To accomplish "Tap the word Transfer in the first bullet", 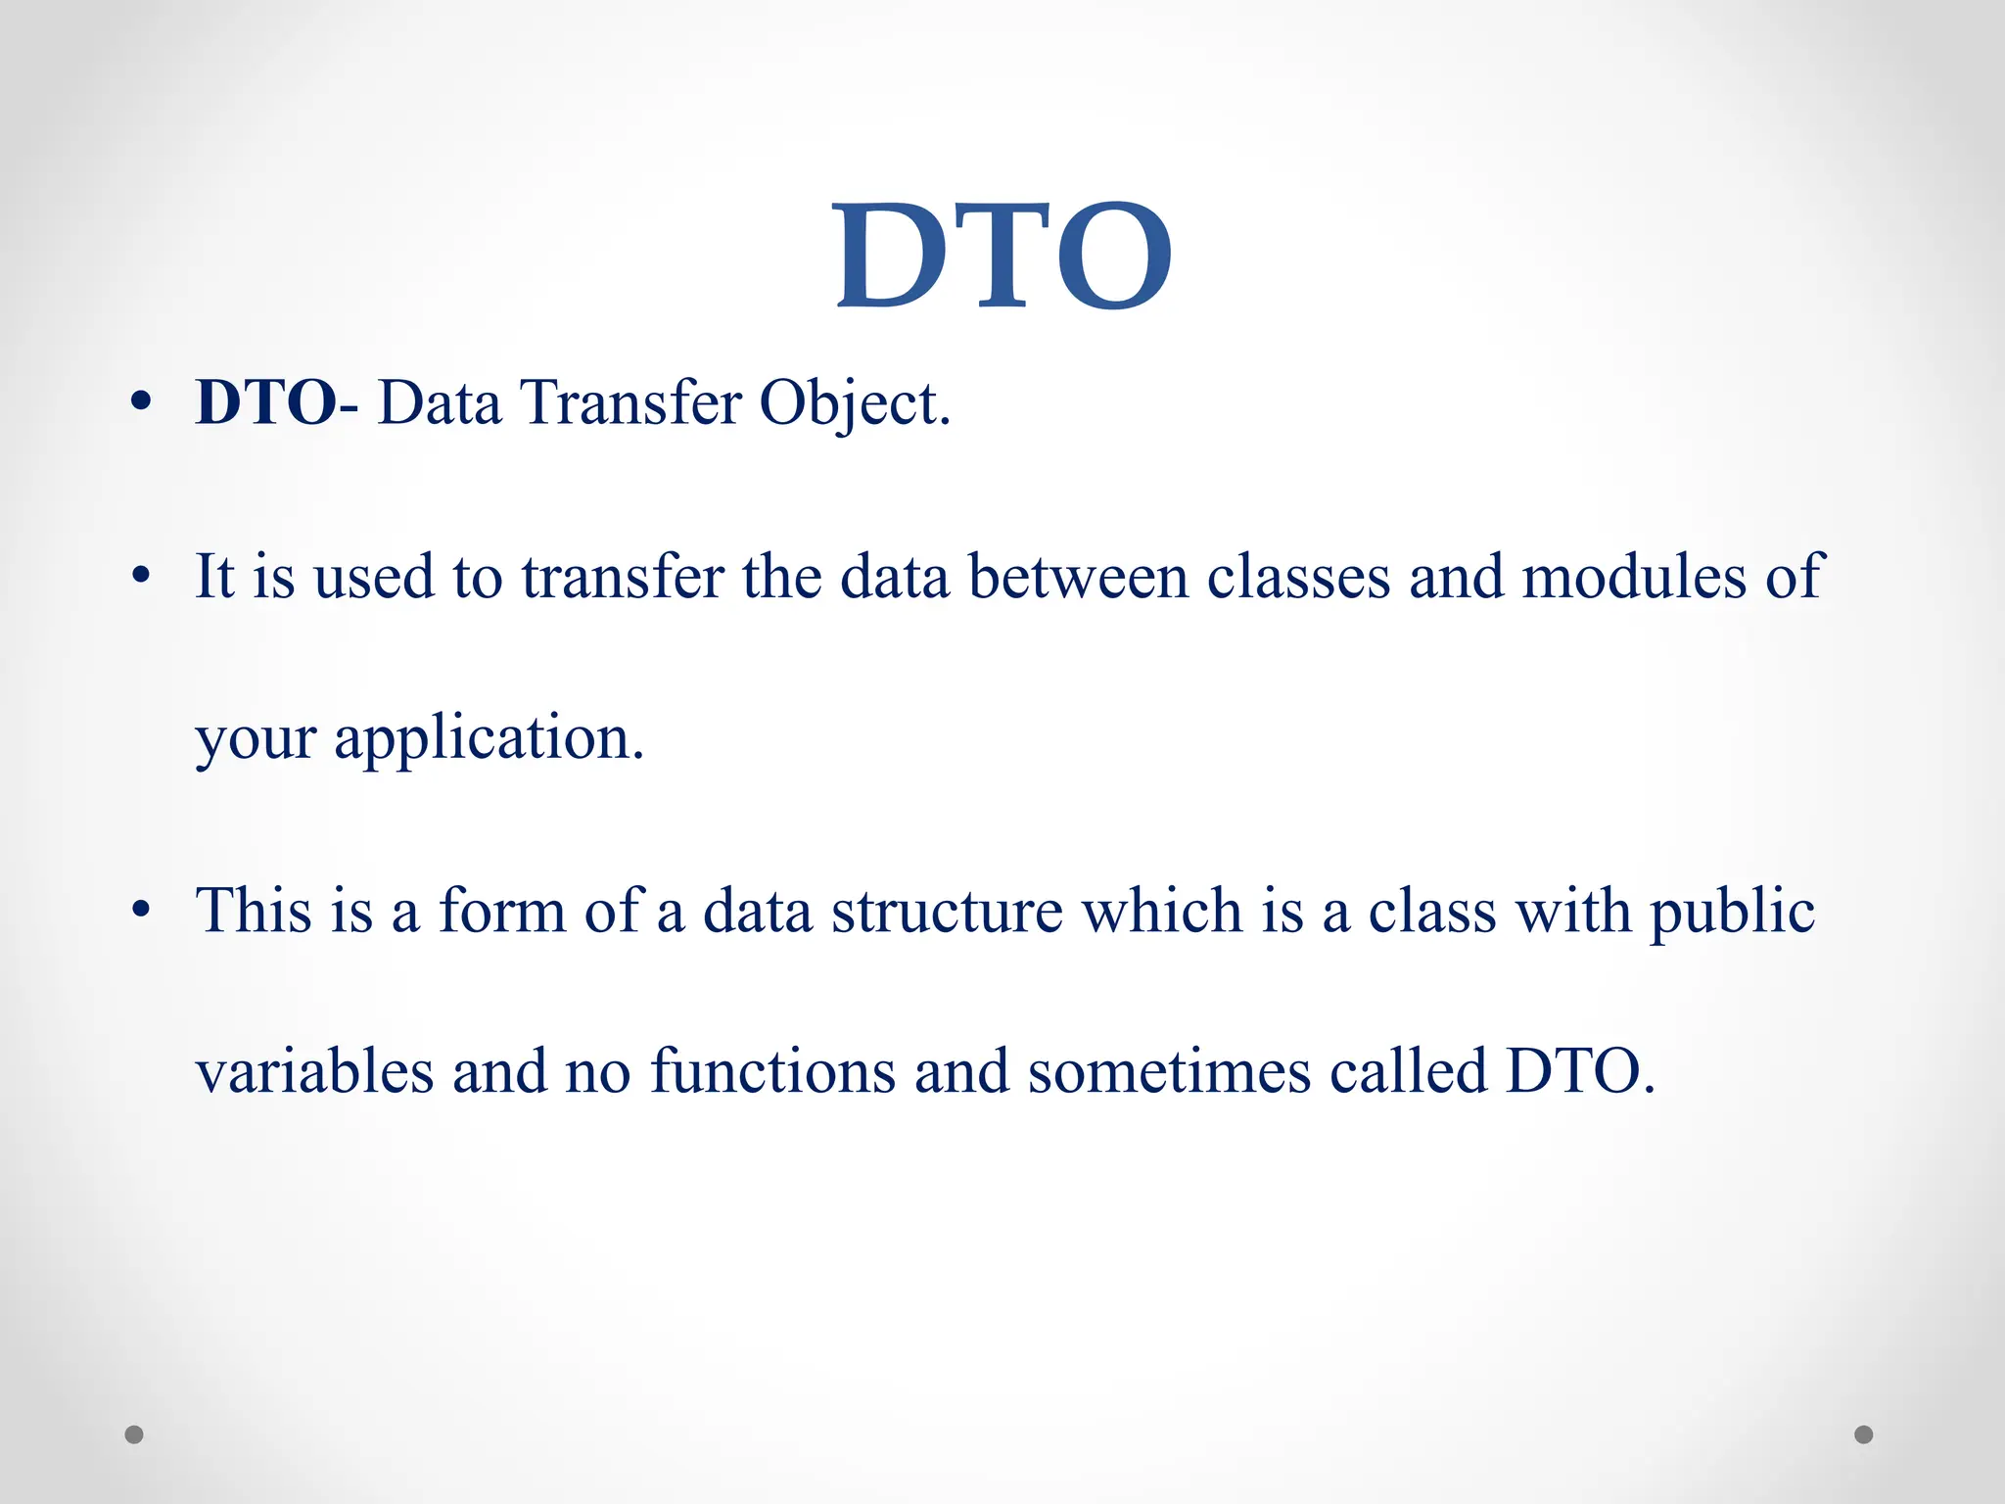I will point(631,402).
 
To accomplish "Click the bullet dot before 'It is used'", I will point(142,576).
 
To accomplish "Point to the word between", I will point(1078,577).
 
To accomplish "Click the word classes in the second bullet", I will point(1298,577).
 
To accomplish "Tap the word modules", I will point(1634,577).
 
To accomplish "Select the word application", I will point(489,739).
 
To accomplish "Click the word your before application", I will point(256,739).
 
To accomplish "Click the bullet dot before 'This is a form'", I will point(142,910).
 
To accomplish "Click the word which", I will point(1161,911).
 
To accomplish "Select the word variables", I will point(314,1071).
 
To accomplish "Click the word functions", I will point(772,1071).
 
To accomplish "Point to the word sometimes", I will point(1169,1071).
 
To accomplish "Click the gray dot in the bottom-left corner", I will point(134,1434).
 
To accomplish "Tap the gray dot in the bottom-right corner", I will point(1864,1434).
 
